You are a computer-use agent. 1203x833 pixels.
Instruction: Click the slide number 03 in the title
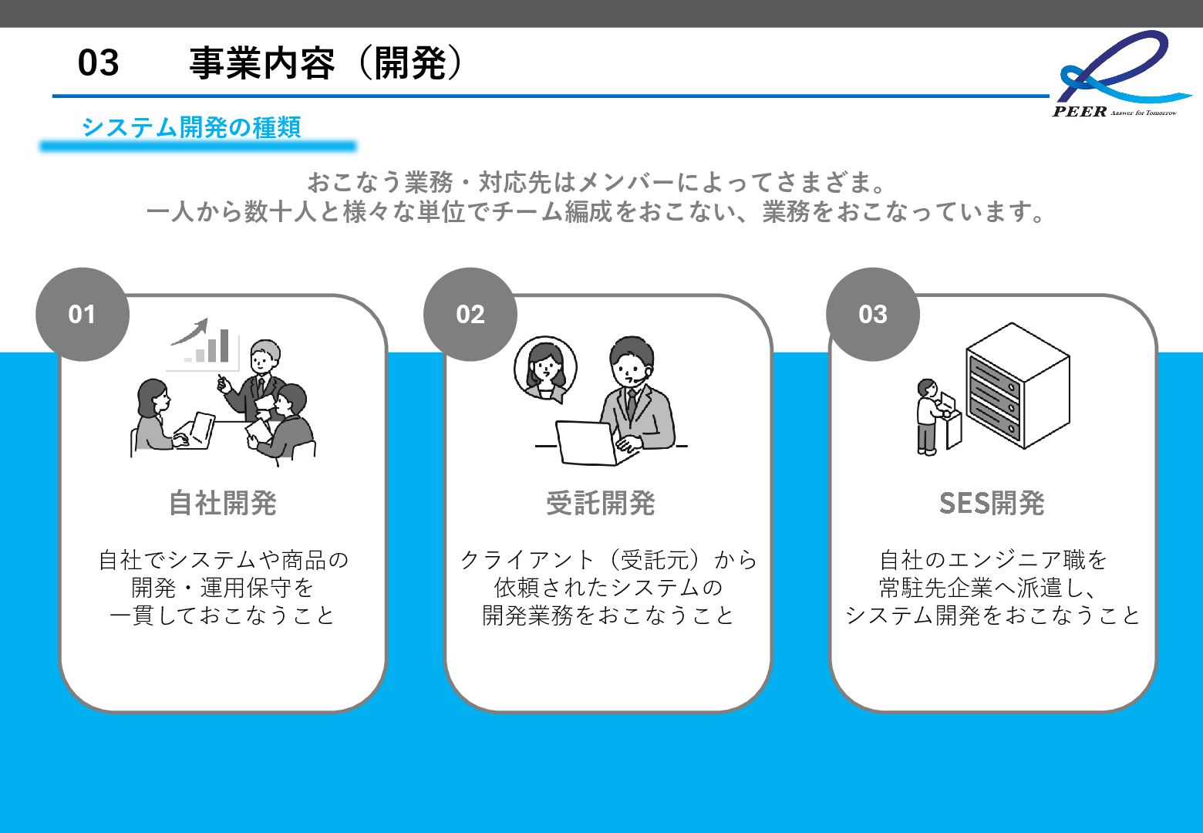tap(98, 62)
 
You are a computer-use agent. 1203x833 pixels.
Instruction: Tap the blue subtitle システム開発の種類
tap(190, 127)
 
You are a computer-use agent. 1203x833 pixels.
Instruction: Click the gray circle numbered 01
tap(82, 314)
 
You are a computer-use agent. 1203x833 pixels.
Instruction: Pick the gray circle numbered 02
tap(470, 314)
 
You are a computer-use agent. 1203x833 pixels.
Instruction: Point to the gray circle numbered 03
tap(872, 314)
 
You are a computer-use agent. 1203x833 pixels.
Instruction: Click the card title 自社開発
tap(223, 503)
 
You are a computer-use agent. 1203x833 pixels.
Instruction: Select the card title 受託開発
tap(601, 503)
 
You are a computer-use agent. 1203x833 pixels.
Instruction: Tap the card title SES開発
tap(992, 503)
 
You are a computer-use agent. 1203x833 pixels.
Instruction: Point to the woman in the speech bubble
tap(546, 369)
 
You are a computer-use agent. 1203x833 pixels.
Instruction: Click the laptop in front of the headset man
tap(588, 443)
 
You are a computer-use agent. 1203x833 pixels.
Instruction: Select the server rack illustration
tap(1017, 386)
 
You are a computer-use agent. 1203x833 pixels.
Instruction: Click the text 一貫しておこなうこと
tap(223, 615)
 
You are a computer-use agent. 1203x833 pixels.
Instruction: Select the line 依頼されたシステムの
tap(608, 588)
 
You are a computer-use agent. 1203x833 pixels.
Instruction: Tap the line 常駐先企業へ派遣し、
tap(992, 588)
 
